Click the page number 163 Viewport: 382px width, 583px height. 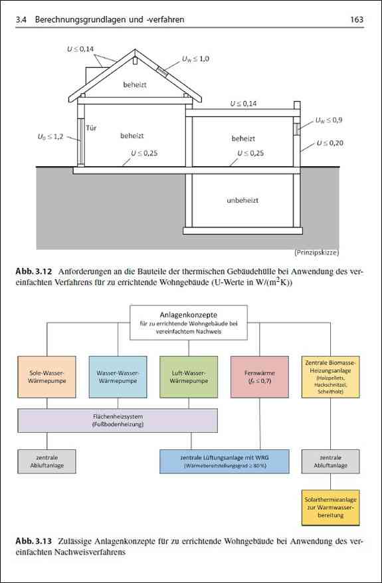356,19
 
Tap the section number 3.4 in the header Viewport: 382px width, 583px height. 21,19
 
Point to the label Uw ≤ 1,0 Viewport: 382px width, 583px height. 195,58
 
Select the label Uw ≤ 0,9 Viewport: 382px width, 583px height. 329,120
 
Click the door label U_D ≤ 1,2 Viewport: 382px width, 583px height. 50,136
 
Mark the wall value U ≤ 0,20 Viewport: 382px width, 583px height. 330,143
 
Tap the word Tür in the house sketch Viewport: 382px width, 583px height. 92,128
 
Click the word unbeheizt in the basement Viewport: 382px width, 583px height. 242,200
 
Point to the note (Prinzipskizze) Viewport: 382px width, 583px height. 316,253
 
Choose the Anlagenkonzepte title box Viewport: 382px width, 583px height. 189,322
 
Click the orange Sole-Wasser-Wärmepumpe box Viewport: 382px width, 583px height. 47,377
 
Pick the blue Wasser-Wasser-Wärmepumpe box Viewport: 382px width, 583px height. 118,377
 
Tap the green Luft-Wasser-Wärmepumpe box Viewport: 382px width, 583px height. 189,377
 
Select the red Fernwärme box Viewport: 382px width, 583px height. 259,377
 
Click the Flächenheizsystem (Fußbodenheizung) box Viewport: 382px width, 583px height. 118,421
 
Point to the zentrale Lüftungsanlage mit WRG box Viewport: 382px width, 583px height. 224,461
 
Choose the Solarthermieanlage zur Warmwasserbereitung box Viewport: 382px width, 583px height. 330,507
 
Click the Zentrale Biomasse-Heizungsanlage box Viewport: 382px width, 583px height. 330,377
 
